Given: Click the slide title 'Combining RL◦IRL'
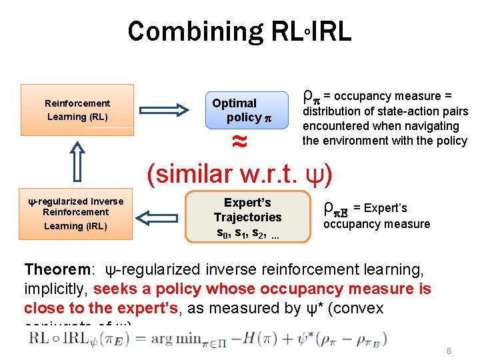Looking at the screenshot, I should click(x=239, y=31).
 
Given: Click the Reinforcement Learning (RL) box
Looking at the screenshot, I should click(x=77, y=109).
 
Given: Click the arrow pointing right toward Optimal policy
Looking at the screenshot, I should click(x=169, y=109).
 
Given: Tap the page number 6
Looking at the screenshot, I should click(x=449, y=351).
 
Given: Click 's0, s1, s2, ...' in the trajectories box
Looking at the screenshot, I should click(x=247, y=233).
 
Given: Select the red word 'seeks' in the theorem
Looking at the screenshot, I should click(x=114, y=289).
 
